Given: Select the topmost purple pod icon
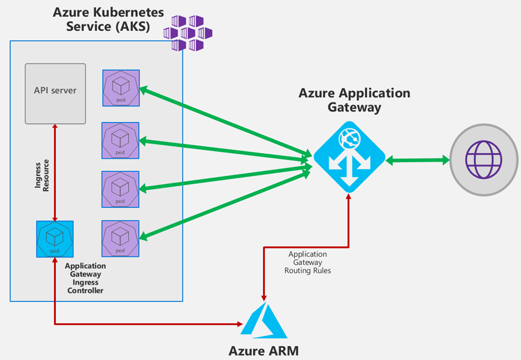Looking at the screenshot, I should (121, 88).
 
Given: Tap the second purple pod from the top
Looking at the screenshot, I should (120, 141).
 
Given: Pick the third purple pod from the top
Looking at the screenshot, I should (120, 189).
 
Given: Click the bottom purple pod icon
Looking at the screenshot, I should (120, 238).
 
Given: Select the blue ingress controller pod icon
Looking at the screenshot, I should (55, 239).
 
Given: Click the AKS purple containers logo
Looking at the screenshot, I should (187, 33).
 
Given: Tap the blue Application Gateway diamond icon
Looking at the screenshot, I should (349, 157).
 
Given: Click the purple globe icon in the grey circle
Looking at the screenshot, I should (484, 159).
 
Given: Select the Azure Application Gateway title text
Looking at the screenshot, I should (354, 100).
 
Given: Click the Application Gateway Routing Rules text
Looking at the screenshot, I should (307, 262).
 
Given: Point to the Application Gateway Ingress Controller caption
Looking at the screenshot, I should (85, 278).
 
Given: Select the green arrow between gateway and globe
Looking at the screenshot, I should (417, 161).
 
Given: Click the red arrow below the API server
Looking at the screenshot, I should (55, 171).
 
